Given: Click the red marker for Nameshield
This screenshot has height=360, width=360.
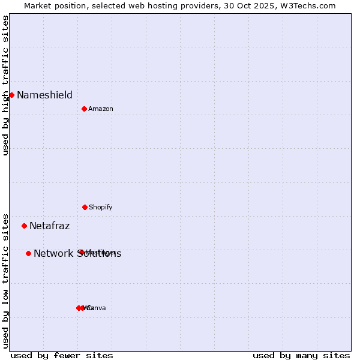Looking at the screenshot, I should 11,95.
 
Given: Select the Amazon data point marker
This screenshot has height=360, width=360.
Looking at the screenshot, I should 84,109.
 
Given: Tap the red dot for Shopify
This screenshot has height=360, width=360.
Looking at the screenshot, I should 85,207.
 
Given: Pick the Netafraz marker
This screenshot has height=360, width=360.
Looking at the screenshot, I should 24,226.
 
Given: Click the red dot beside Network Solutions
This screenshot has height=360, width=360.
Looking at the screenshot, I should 28,253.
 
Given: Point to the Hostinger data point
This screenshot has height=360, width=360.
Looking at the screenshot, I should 81,252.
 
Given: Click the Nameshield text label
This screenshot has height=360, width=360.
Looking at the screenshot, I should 44,95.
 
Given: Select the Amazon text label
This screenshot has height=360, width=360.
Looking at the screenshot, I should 101,109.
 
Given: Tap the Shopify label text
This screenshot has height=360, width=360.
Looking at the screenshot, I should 101,207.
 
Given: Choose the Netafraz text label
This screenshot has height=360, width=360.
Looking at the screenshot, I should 49,226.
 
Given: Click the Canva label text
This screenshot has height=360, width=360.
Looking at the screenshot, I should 96,308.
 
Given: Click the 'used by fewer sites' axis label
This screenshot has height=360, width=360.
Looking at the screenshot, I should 62,355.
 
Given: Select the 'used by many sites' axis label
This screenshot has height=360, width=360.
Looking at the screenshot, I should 301,355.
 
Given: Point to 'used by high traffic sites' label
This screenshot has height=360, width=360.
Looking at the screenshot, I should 5,85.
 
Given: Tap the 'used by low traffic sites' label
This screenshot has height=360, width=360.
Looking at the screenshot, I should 5,281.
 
